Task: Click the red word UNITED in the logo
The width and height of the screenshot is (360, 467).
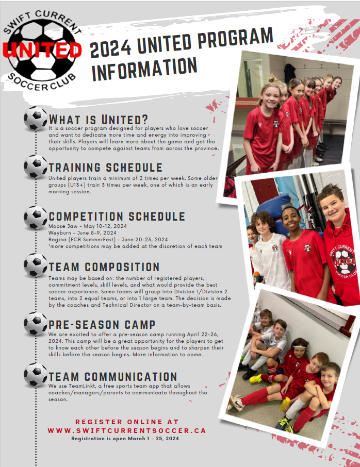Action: (x=42, y=49)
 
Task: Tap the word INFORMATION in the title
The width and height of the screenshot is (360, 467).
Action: (x=144, y=69)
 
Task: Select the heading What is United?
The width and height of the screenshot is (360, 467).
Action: (x=99, y=120)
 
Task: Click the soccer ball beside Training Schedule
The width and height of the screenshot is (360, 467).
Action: (x=36, y=166)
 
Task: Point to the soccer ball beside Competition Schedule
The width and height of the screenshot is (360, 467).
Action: (x=36, y=218)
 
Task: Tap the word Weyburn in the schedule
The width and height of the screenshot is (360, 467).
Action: (x=59, y=233)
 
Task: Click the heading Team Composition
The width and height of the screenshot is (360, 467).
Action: (x=104, y=267)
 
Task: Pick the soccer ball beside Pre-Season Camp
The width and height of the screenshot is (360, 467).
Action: (x=36, y=324)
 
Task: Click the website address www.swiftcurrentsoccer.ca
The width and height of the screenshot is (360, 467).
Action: (x=127, y=431)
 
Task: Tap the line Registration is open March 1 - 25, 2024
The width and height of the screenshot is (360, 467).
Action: (x=125, y=439)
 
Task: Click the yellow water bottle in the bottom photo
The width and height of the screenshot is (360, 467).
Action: (x=285, y=404)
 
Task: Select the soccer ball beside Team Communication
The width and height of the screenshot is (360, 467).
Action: (x=36, y=375)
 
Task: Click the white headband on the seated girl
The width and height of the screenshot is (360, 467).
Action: (x=300, y=347)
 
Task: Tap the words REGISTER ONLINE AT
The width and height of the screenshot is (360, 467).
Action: (x=127, y=422)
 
